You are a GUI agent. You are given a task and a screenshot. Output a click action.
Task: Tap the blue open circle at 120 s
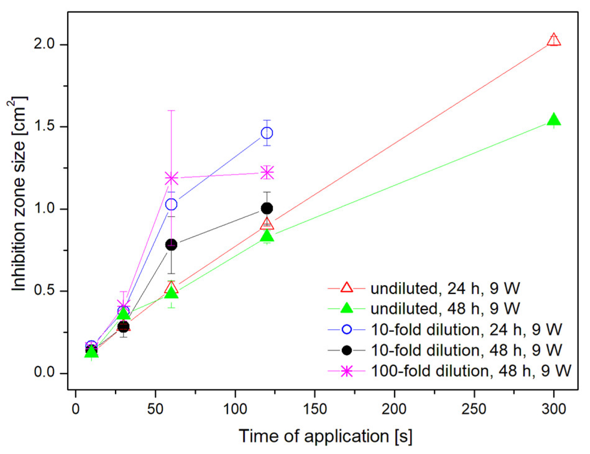[267, 133]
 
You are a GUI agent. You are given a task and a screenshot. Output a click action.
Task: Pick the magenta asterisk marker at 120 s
[267, 172]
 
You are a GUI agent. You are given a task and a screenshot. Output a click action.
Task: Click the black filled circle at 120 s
[267, 208]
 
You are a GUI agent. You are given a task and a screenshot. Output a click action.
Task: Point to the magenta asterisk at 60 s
[171, 178]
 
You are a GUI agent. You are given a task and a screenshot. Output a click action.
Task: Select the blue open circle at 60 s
[171, 204]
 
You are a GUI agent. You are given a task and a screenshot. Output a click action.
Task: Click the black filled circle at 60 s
[171, 244]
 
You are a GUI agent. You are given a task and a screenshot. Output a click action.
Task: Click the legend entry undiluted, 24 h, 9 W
[445, 288]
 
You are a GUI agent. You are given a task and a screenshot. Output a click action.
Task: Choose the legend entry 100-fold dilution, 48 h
[471, 371]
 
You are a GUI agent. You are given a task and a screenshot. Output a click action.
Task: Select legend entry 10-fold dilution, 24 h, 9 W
[466, 329]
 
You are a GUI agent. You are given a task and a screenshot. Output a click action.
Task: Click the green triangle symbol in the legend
[346, 309]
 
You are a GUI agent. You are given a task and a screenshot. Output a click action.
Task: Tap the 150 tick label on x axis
[315, 409]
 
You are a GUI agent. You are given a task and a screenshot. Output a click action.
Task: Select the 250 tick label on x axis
[474, 409]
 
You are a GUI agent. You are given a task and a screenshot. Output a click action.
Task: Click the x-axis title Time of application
[325, 436]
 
